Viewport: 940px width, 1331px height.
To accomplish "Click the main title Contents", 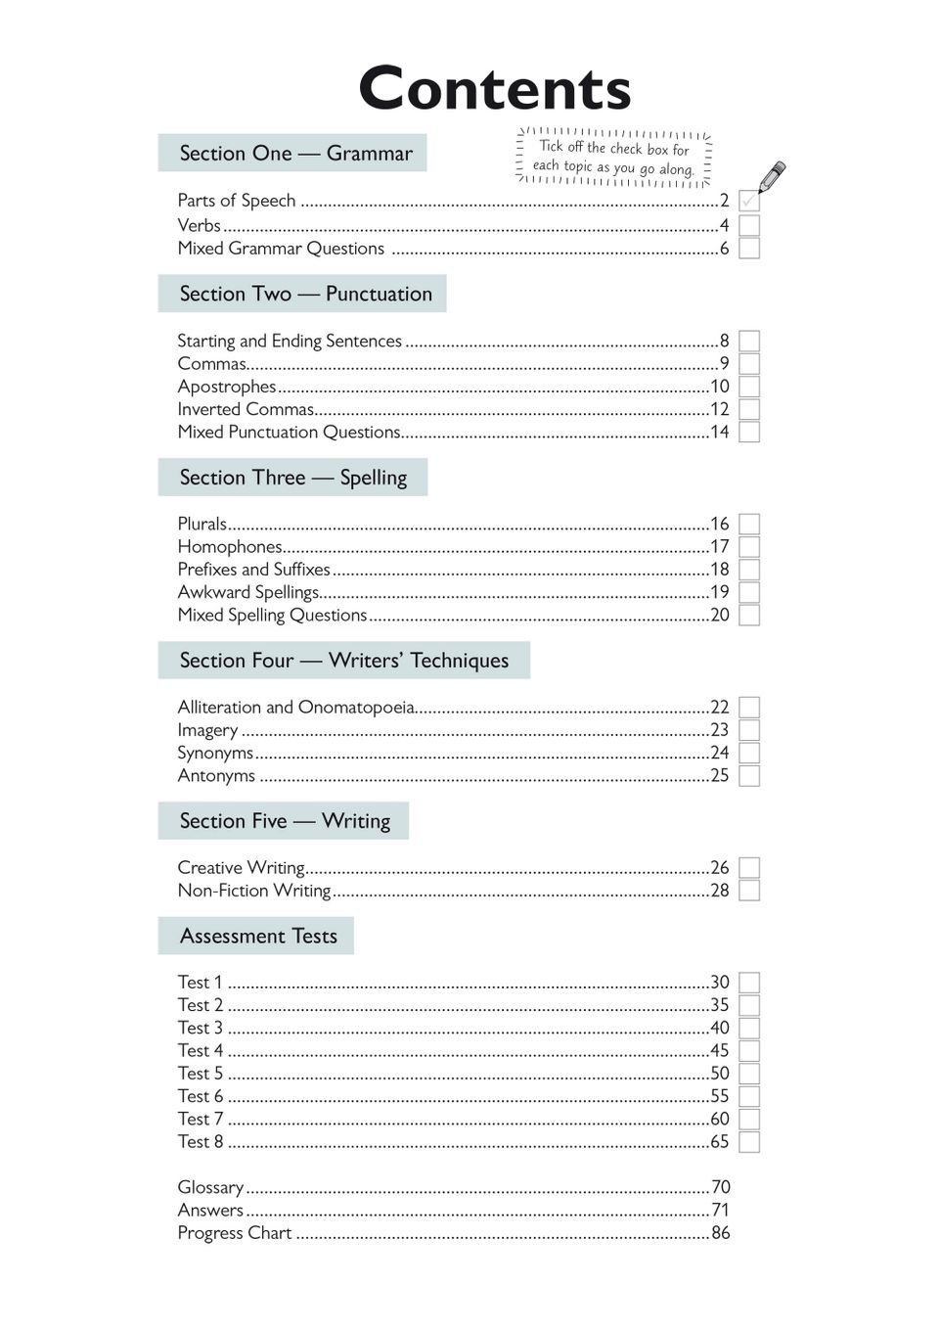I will click(x=495, y=89).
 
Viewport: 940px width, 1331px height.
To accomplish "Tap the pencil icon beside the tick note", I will click(x=771, y=176).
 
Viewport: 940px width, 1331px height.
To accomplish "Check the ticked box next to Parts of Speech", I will click(x=749, y=202).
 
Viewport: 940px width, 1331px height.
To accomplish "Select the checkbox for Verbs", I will click(x=749, y=225).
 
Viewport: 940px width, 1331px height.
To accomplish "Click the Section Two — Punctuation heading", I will click(x=304, y=294).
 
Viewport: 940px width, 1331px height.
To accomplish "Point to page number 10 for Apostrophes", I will click(x=720, y=387).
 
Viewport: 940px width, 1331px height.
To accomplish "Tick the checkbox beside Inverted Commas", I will click(x=749, y=409).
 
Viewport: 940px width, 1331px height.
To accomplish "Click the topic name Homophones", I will click(x=230, y=546).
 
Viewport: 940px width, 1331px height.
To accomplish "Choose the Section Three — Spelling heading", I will click(x=292, y=478).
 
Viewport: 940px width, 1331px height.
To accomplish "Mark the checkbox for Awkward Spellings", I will click(x=749, y=592).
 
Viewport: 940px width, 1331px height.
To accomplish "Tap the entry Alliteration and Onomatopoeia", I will click(x=295, y=707).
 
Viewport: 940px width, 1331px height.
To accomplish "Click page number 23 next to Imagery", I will click(x=720, y=730).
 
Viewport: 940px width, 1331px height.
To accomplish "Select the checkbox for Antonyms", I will click(x=749, y=776).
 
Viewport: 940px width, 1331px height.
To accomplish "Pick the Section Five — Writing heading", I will click(x=285, y=821).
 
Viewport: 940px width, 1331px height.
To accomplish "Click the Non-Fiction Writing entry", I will click(x=254, y=891).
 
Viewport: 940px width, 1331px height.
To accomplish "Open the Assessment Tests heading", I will click(x=258, y=937).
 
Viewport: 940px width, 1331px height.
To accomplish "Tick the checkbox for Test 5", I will click(x=749, y=1074).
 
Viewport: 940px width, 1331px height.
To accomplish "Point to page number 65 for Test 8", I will click(x=720, y=1141).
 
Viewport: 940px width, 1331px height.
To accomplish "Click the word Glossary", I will click(x=210, y=1187).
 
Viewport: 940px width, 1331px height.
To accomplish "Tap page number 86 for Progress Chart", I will click(x=721, y=1233).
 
